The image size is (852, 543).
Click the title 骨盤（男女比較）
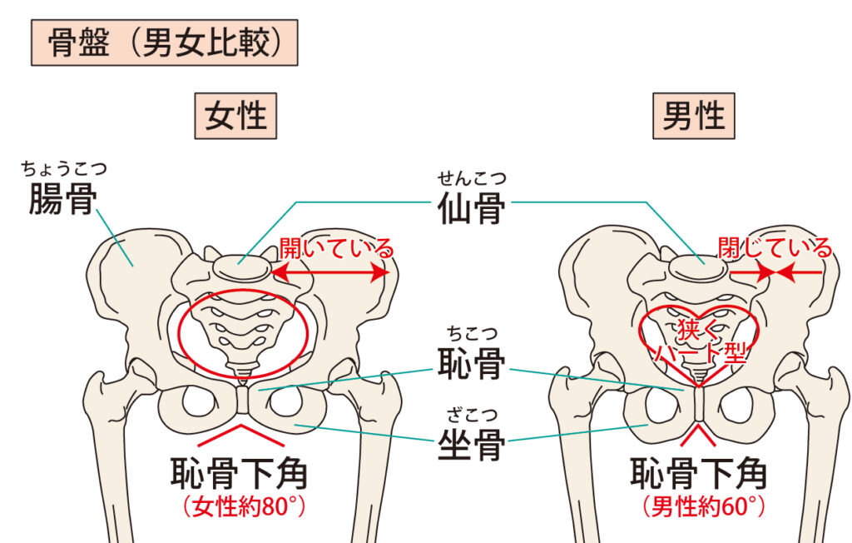pyautogui.click(x=162, y=44)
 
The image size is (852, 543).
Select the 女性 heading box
pyautogui.click(x=235, y=116)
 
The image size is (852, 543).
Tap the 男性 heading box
pyautogui.click(x=693, y=116)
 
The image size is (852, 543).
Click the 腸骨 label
pyautogui.click(x=62, y=200)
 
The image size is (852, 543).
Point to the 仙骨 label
pyautogui.click(x=471, y=209)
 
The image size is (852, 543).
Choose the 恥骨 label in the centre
pyautogui.click(x=471, y=364)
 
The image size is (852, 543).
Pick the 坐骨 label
pyautogui.click(x=471, y=446)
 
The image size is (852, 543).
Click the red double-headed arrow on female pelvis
pyautogui.click(x=332, y=271)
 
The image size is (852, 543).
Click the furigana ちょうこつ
pyautogui.click(x=64, y=170)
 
